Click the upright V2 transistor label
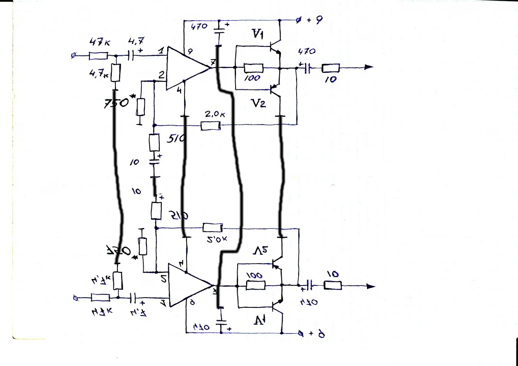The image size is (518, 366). tap(257, 103)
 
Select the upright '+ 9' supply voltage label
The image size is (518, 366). tap(314, 20)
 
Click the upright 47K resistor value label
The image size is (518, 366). tap(98, 42)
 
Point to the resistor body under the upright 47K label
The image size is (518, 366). tap(98, 56)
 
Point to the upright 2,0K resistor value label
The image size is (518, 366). tap(214, 114)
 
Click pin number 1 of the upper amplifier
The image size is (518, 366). tap(161, 51)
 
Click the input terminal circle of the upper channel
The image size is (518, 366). tap(73, 56)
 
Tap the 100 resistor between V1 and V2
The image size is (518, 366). tap(254, 68)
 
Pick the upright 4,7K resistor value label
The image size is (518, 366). tap(99, 74)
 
